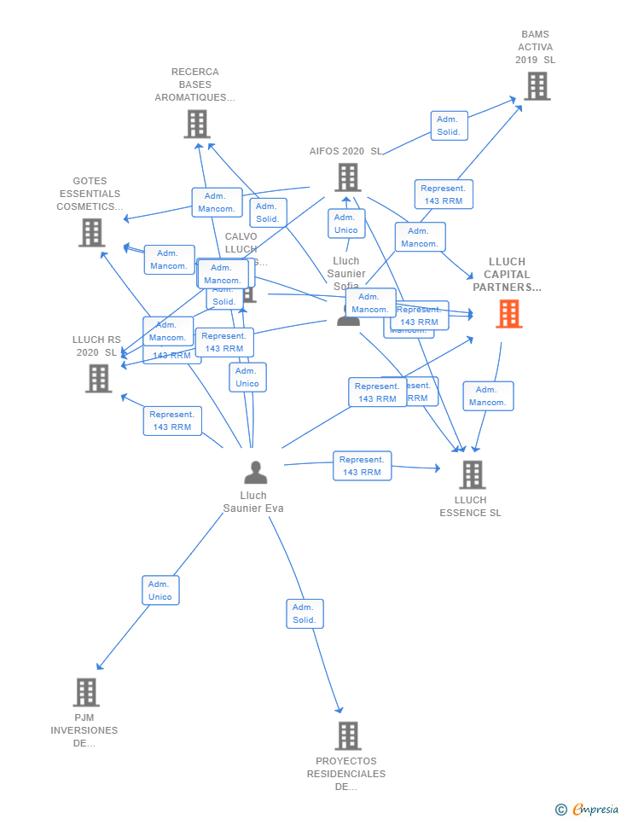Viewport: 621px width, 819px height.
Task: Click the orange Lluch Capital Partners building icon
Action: pos(509,314)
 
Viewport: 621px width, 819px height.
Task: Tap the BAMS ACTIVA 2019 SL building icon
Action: pos(537,86)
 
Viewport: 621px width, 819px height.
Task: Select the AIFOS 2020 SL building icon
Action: pos(347,177)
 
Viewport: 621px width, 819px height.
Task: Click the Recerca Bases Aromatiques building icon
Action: pos(197,125)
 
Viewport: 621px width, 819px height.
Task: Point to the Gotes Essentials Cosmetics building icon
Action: pos(91,232)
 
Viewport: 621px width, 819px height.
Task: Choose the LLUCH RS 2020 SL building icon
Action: pos(99,378)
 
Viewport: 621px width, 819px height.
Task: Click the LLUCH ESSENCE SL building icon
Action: pos(472,474)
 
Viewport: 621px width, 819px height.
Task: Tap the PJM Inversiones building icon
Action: pos(86,692)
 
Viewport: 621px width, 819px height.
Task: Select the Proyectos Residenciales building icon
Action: pos(347,735)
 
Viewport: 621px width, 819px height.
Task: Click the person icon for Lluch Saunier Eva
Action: pos(255,472)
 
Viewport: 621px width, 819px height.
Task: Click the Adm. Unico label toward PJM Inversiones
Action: pos(160,590)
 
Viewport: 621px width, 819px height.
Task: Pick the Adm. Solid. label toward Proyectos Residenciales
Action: pos(305,613)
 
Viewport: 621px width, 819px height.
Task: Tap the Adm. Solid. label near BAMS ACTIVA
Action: pos(449,125)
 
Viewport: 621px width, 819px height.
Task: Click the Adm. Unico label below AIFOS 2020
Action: pos(346,224)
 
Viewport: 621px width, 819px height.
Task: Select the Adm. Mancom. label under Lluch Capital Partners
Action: pos(488,396)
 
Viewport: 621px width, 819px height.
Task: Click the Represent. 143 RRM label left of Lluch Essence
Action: pos(362,466)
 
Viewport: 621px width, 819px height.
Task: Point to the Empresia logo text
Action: pos(595,809)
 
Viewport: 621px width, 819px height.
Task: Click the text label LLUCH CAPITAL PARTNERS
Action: pos(508,275)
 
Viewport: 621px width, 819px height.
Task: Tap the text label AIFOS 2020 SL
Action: pos(345,151)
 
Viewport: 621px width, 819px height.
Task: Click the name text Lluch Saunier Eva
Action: pos(253,502)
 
